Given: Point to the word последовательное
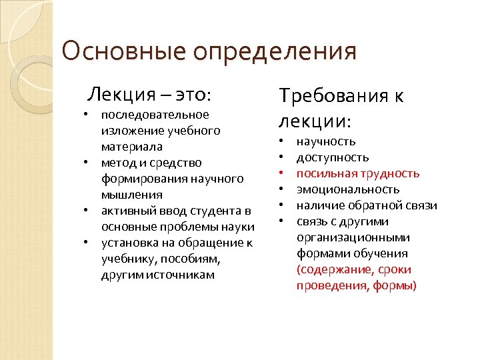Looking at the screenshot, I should tap(155, 115).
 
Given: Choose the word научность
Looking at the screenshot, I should tap(326, 141).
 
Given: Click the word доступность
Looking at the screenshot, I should tap(333, 157).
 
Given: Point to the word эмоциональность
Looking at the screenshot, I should tap(348, 189).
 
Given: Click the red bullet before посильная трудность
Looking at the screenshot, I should tap(282, 173).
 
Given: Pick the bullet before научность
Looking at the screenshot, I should tap(282, 141).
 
